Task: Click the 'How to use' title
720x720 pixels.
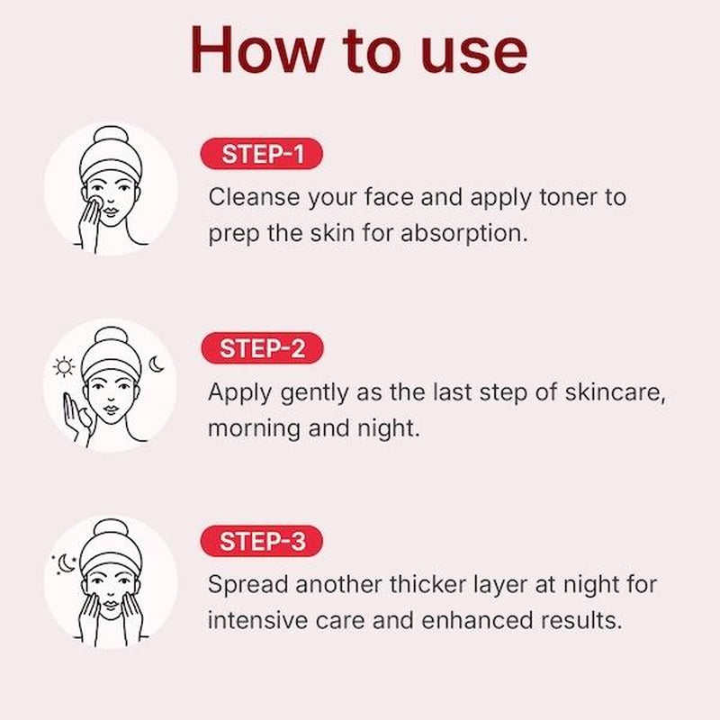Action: pyautogui.click(x=358, y=51)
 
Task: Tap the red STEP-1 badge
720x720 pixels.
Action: pyautogui.click(x=261, y=155)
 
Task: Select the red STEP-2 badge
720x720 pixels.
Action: pyautogui.click(x=261, y=348)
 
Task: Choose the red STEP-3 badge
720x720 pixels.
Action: pyautogui.click(x=261, y=542)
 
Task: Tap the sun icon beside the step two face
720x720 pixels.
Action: pyautogui.click(x=63, y=366)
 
